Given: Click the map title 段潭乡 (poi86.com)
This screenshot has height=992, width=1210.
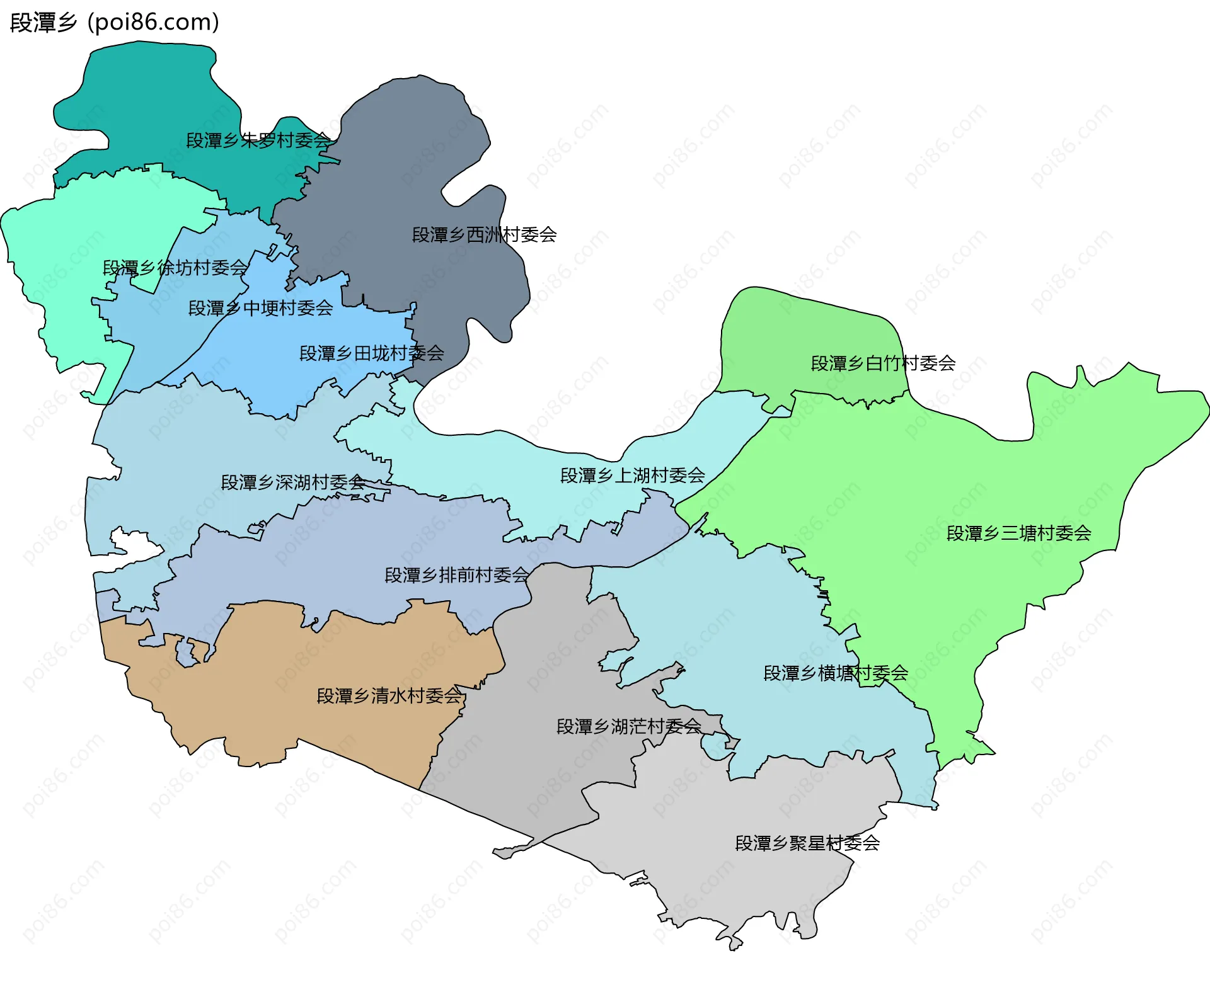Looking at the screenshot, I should point(115,23).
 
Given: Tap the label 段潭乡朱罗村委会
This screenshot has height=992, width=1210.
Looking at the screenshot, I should point(258,140).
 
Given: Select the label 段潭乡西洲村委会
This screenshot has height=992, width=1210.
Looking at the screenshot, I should point(484,235).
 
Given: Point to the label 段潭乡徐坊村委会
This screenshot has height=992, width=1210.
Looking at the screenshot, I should point(175,268).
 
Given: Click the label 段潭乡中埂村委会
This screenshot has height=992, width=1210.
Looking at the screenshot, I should point(260,308).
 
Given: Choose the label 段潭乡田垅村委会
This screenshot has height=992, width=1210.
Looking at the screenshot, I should point(371,353).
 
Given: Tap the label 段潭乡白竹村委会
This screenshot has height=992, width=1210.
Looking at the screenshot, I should point(882,363).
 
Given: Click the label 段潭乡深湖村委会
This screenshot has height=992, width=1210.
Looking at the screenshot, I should point(293,482).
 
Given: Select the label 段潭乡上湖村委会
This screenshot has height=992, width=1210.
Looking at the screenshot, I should point(632,476).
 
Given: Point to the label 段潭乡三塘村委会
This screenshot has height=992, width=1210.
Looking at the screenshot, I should point(1018,533).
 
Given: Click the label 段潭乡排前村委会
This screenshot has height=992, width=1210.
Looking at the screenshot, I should point(457,575).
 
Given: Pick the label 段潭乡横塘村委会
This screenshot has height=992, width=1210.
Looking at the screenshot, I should point(836,673).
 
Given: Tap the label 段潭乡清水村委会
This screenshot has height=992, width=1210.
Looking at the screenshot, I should point(389,696).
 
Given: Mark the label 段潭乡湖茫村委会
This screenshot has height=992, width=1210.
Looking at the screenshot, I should point(628,726).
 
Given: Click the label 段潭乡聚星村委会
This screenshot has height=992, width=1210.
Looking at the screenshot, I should point(807,843).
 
